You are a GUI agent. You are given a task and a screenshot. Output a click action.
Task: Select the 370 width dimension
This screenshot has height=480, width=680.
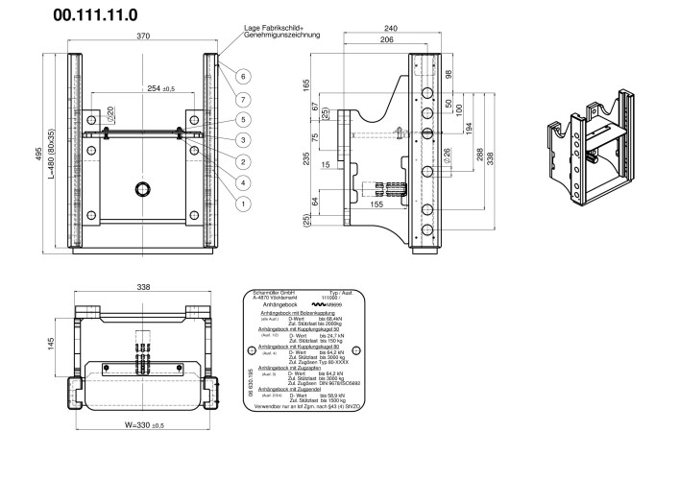143,36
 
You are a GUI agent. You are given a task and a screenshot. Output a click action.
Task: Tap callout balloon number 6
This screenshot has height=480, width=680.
244,76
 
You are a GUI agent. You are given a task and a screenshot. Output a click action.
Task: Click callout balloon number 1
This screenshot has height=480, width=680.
244,203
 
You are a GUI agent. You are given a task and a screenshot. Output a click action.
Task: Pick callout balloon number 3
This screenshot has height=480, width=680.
244,140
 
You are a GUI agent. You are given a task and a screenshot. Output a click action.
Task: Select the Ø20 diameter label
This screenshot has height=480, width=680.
111,112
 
